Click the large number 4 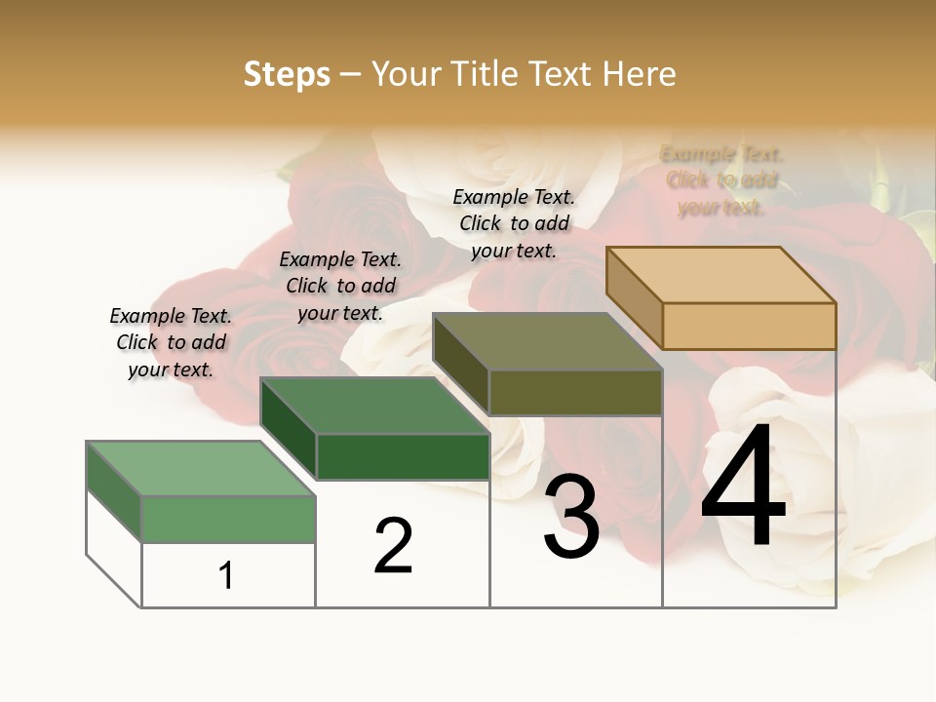[x=743, y=487]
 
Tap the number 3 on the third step [x=571, y=517]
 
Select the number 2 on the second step [x=394, y=545]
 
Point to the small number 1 [x=226, y=575]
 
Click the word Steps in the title [x=287, y=74]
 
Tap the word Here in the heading [x=640, y=74]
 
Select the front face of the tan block [x=749, y=326]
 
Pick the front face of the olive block [x=575, y=393]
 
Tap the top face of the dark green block [x=375, y=406]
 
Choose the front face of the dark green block [x=403, y=456]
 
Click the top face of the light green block [x=201, y=468]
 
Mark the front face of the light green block [x=228, y=519]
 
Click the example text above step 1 [x=171, y=343]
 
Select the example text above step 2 [x=340, y=287]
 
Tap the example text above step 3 [x=514, y=223]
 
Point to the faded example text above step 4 [x=721, y=180]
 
